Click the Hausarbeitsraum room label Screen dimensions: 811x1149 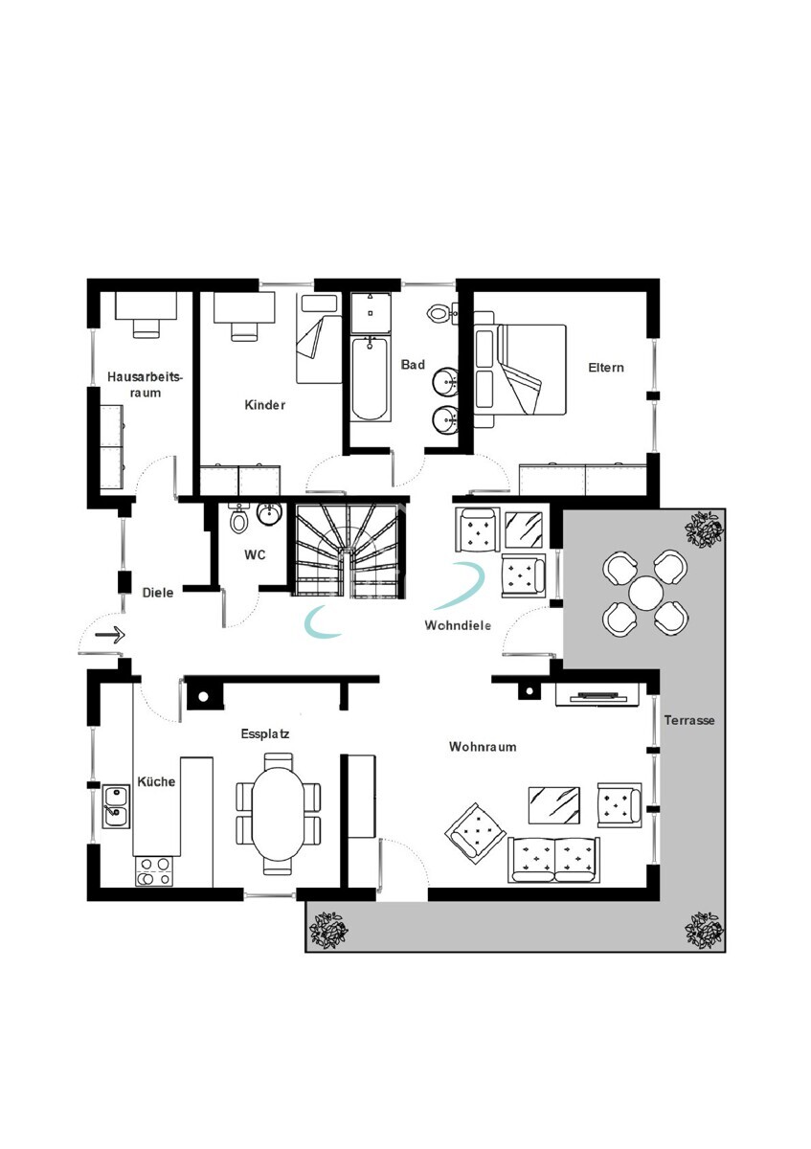tap(146, 385)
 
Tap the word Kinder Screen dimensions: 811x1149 tap(264, 405)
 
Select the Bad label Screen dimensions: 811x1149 tap(413, 364)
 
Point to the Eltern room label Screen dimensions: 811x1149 tap(606, 368)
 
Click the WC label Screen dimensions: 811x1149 tap(255, 555)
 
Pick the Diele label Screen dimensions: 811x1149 tap(157, 593)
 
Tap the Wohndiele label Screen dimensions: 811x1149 tap(458, 625)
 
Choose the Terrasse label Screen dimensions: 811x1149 tap(689, 720)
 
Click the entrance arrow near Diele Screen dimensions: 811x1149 tap(110, 635)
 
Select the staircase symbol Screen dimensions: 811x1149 tap(348, 551)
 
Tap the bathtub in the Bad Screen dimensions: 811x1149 tap(370, 378)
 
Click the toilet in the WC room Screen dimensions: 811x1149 tap(237, 519)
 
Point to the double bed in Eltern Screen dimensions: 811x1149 tap(520, 370)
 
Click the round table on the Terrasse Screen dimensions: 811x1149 tap(645, 593)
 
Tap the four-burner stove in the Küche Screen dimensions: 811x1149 tap(153, 871)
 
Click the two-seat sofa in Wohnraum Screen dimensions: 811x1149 tap(554, 860)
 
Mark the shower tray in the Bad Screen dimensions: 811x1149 tap(370, 313)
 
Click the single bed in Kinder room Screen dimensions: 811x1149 tap(319, 339)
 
